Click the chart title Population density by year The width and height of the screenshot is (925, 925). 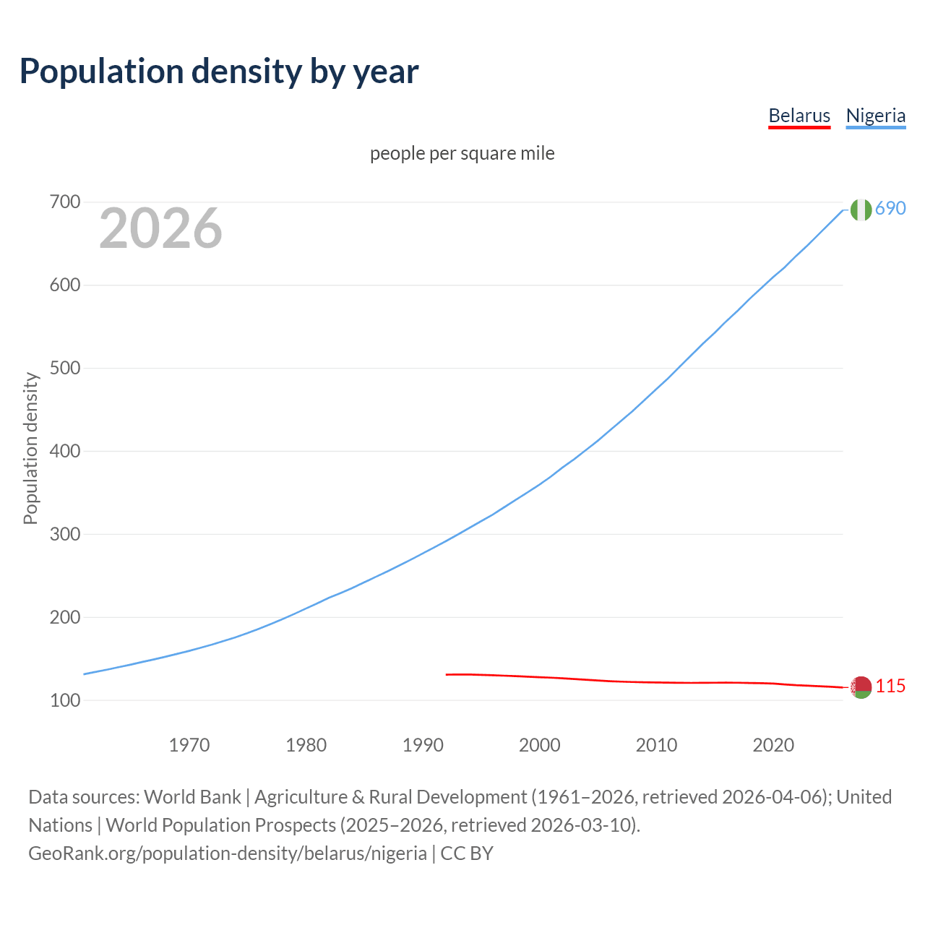click(x=219, y=72)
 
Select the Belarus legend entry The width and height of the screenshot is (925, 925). click(x=799, y=116)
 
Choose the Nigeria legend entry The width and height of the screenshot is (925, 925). click(x=875, y=116)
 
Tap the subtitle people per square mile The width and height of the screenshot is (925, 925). click(x=462, y=153)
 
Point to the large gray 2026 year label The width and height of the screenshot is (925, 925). click(x=160, y=228)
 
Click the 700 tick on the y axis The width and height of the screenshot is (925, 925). click(x=64, y=202)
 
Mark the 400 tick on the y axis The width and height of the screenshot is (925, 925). click(x=64, y=452)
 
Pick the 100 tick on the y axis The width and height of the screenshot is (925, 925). click(x=64, y=700)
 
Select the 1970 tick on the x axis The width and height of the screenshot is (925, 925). click(x=189, y=745)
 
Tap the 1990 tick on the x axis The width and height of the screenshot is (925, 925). click(x=423, y=745)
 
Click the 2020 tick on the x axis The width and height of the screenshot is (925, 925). click(x=773, y=745)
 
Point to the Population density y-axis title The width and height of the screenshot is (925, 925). click(x=30, y=448)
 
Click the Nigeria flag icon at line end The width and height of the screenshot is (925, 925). click(x=861, y=210)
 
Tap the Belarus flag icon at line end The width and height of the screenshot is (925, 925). click(x=861, y=687)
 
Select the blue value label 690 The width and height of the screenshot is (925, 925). click(x=890, y=208)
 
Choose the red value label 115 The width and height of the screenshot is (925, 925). click(x=890, y=686)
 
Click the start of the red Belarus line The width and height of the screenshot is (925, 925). click(x=447, y=674)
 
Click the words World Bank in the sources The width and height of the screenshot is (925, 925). click(x=192, y=797)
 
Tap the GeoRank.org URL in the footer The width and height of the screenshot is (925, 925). click(x=228, y=853)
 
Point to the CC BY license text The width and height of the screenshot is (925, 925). click(x=467, y=853)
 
